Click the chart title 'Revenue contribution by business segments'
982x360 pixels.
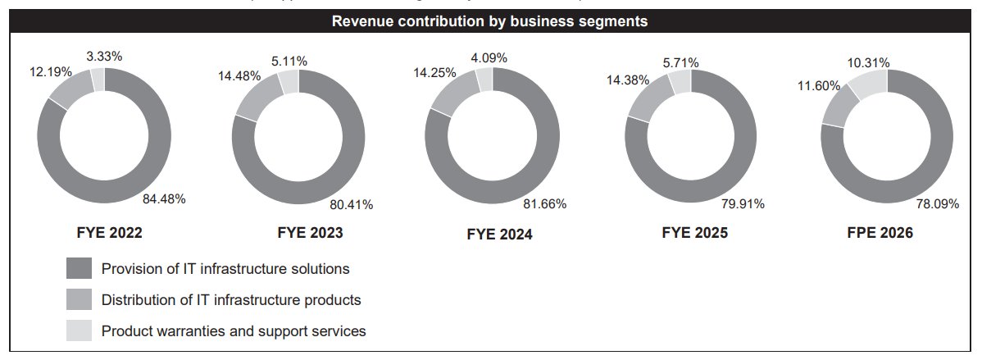click(490, 22)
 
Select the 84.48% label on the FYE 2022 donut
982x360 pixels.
click(162, 198)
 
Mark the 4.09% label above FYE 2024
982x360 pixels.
click(489, 58)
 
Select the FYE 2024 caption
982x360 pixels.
click(499, 235)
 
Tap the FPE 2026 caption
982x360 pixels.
click(881, 234)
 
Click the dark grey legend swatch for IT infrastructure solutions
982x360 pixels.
click(80, 269)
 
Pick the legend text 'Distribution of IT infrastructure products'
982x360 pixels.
click(231, 300)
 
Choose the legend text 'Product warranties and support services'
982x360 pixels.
click(234, 331)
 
